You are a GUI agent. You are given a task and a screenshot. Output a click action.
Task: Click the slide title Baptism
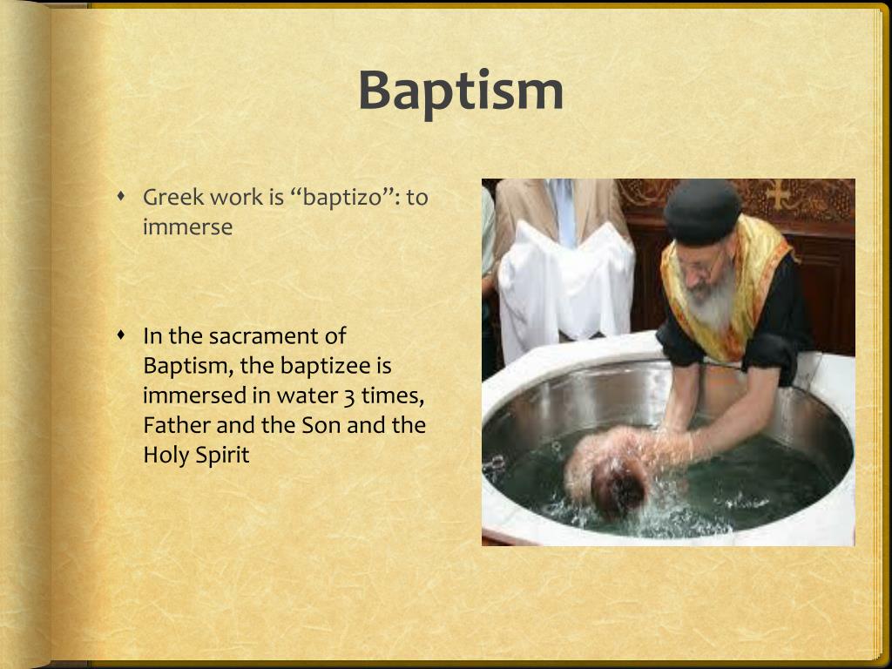(x=461, y=91)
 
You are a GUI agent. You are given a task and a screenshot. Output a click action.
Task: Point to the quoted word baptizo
(x=344, y=198)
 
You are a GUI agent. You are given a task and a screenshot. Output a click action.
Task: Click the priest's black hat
(x=702, y=212)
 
